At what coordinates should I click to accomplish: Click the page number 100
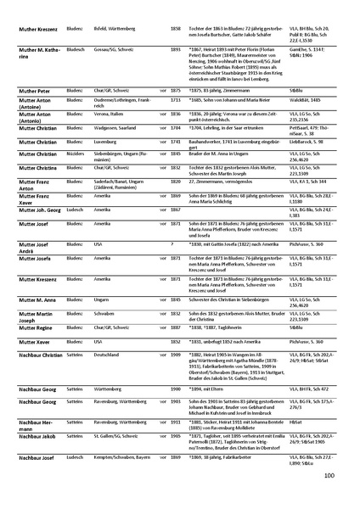(x=329, y=475)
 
